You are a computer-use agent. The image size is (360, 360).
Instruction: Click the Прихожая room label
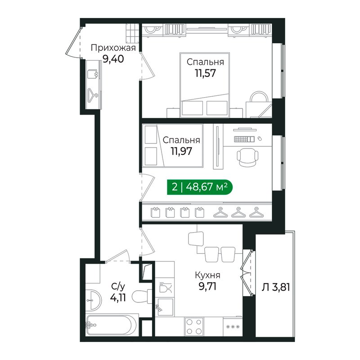[113, 48]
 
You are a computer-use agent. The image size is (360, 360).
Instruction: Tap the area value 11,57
[206, 73]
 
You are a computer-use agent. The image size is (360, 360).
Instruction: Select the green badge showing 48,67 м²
[200, 187]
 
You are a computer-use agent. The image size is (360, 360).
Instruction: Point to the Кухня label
[207, 275]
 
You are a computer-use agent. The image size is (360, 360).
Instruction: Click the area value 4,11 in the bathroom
[118, 298]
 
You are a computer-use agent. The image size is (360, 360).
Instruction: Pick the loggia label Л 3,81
[276, 287]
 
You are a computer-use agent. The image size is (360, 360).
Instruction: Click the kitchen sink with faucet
[164, 307]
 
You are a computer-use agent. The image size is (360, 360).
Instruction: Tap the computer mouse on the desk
[260, 139]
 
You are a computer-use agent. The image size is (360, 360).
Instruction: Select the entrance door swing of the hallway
[73, 43]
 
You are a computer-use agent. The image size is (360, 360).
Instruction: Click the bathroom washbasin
[94, 300]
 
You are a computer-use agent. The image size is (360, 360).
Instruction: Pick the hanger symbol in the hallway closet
[93, 95]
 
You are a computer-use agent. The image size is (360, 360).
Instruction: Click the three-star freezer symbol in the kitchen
[233, 327]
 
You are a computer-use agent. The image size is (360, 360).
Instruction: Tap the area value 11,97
[181, 151]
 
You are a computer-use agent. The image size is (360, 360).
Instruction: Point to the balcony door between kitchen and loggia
[248, 273]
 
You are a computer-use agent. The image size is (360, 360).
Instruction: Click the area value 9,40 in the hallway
[113, 59]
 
